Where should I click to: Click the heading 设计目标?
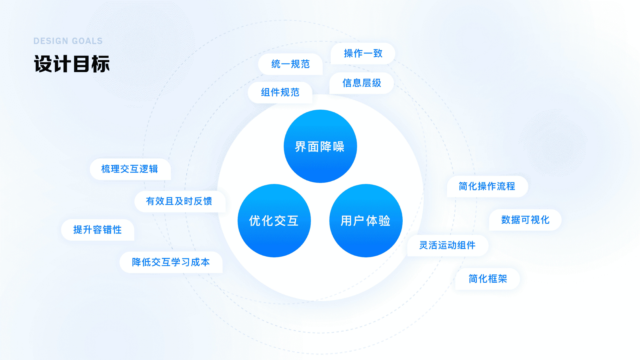click(72, 64)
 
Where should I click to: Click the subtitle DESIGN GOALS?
click(68, 41)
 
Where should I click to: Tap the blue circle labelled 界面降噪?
click(320, 146)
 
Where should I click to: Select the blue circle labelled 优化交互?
click(274, 221)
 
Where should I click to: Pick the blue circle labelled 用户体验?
click(366, 221)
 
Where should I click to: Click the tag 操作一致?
click(363, 53)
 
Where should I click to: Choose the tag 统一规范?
click(290, 64)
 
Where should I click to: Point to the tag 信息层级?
click(362, 83)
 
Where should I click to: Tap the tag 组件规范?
click(280, 92)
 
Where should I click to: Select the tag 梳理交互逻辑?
click(130, 169)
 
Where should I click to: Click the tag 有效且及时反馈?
click(179, 201)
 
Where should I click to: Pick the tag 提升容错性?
click(97, 230)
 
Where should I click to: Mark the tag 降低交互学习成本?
click(171, 262)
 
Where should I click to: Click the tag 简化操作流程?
click(487, 186)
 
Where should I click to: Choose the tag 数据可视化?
click(525, 220)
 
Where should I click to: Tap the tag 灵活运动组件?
click(447, 245)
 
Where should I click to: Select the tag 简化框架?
click(488, 279)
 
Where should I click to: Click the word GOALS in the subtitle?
click(87, 41)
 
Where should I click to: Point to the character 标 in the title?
click(101, 64)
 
